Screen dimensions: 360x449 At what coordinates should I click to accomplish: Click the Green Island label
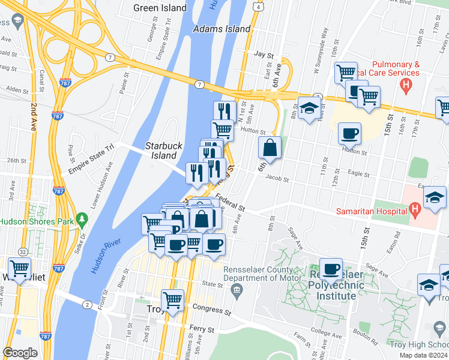[x=160, y=8]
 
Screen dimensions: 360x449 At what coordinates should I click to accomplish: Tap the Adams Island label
[x=221, y=29]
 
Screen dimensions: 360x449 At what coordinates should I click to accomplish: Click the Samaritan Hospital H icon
[x=414, y=209]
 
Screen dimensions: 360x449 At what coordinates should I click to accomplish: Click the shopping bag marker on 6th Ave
[x=270, y=147]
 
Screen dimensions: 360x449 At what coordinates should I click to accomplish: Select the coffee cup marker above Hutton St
[x=349, y=133]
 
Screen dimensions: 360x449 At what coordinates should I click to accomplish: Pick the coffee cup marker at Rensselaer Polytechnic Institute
[x=331, y=268]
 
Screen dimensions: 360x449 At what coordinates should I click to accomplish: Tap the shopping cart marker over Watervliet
[x=19, y=268]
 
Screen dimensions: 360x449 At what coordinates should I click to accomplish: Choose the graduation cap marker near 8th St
[x=309, y=109]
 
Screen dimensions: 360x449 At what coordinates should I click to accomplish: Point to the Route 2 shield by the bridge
[x=88, y=305]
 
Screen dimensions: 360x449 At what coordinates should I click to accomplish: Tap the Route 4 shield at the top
[x=256, y=6]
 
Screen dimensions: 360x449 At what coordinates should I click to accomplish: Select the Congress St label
[x=212, y=311]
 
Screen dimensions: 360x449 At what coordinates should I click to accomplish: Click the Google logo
[x=20, y=353]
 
